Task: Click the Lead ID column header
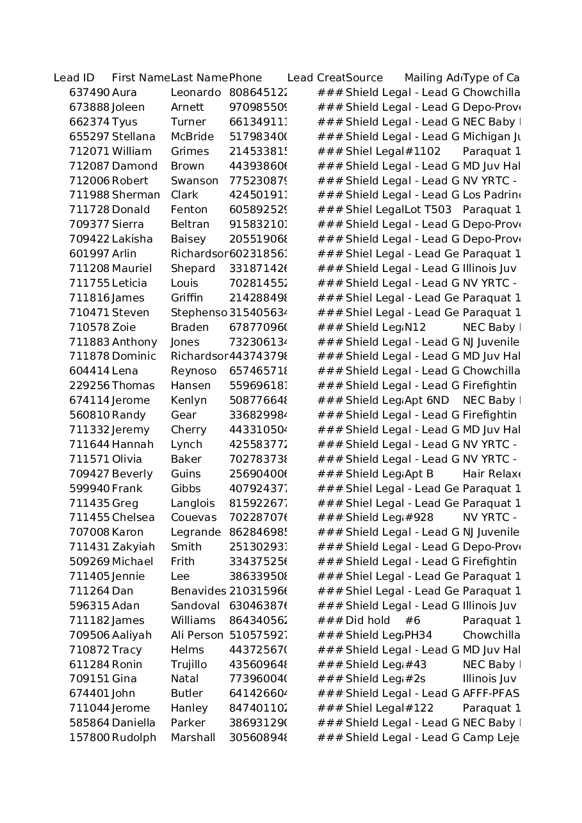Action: point(74,78)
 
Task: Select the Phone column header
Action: point(245,78)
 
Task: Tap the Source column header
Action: point(364,78)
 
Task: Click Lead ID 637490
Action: point(90,93)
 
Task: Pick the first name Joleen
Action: point(128,108)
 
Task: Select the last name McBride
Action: point(192,137)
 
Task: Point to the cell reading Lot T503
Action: point(428,210)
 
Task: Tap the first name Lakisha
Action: point(132,239)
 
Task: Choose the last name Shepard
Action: point(193,269)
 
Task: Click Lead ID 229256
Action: point(90,386)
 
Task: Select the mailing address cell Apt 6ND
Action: point(426,401)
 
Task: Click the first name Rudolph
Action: point(134,738)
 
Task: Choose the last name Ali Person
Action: point(197,635)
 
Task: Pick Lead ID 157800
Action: point(90,738)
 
